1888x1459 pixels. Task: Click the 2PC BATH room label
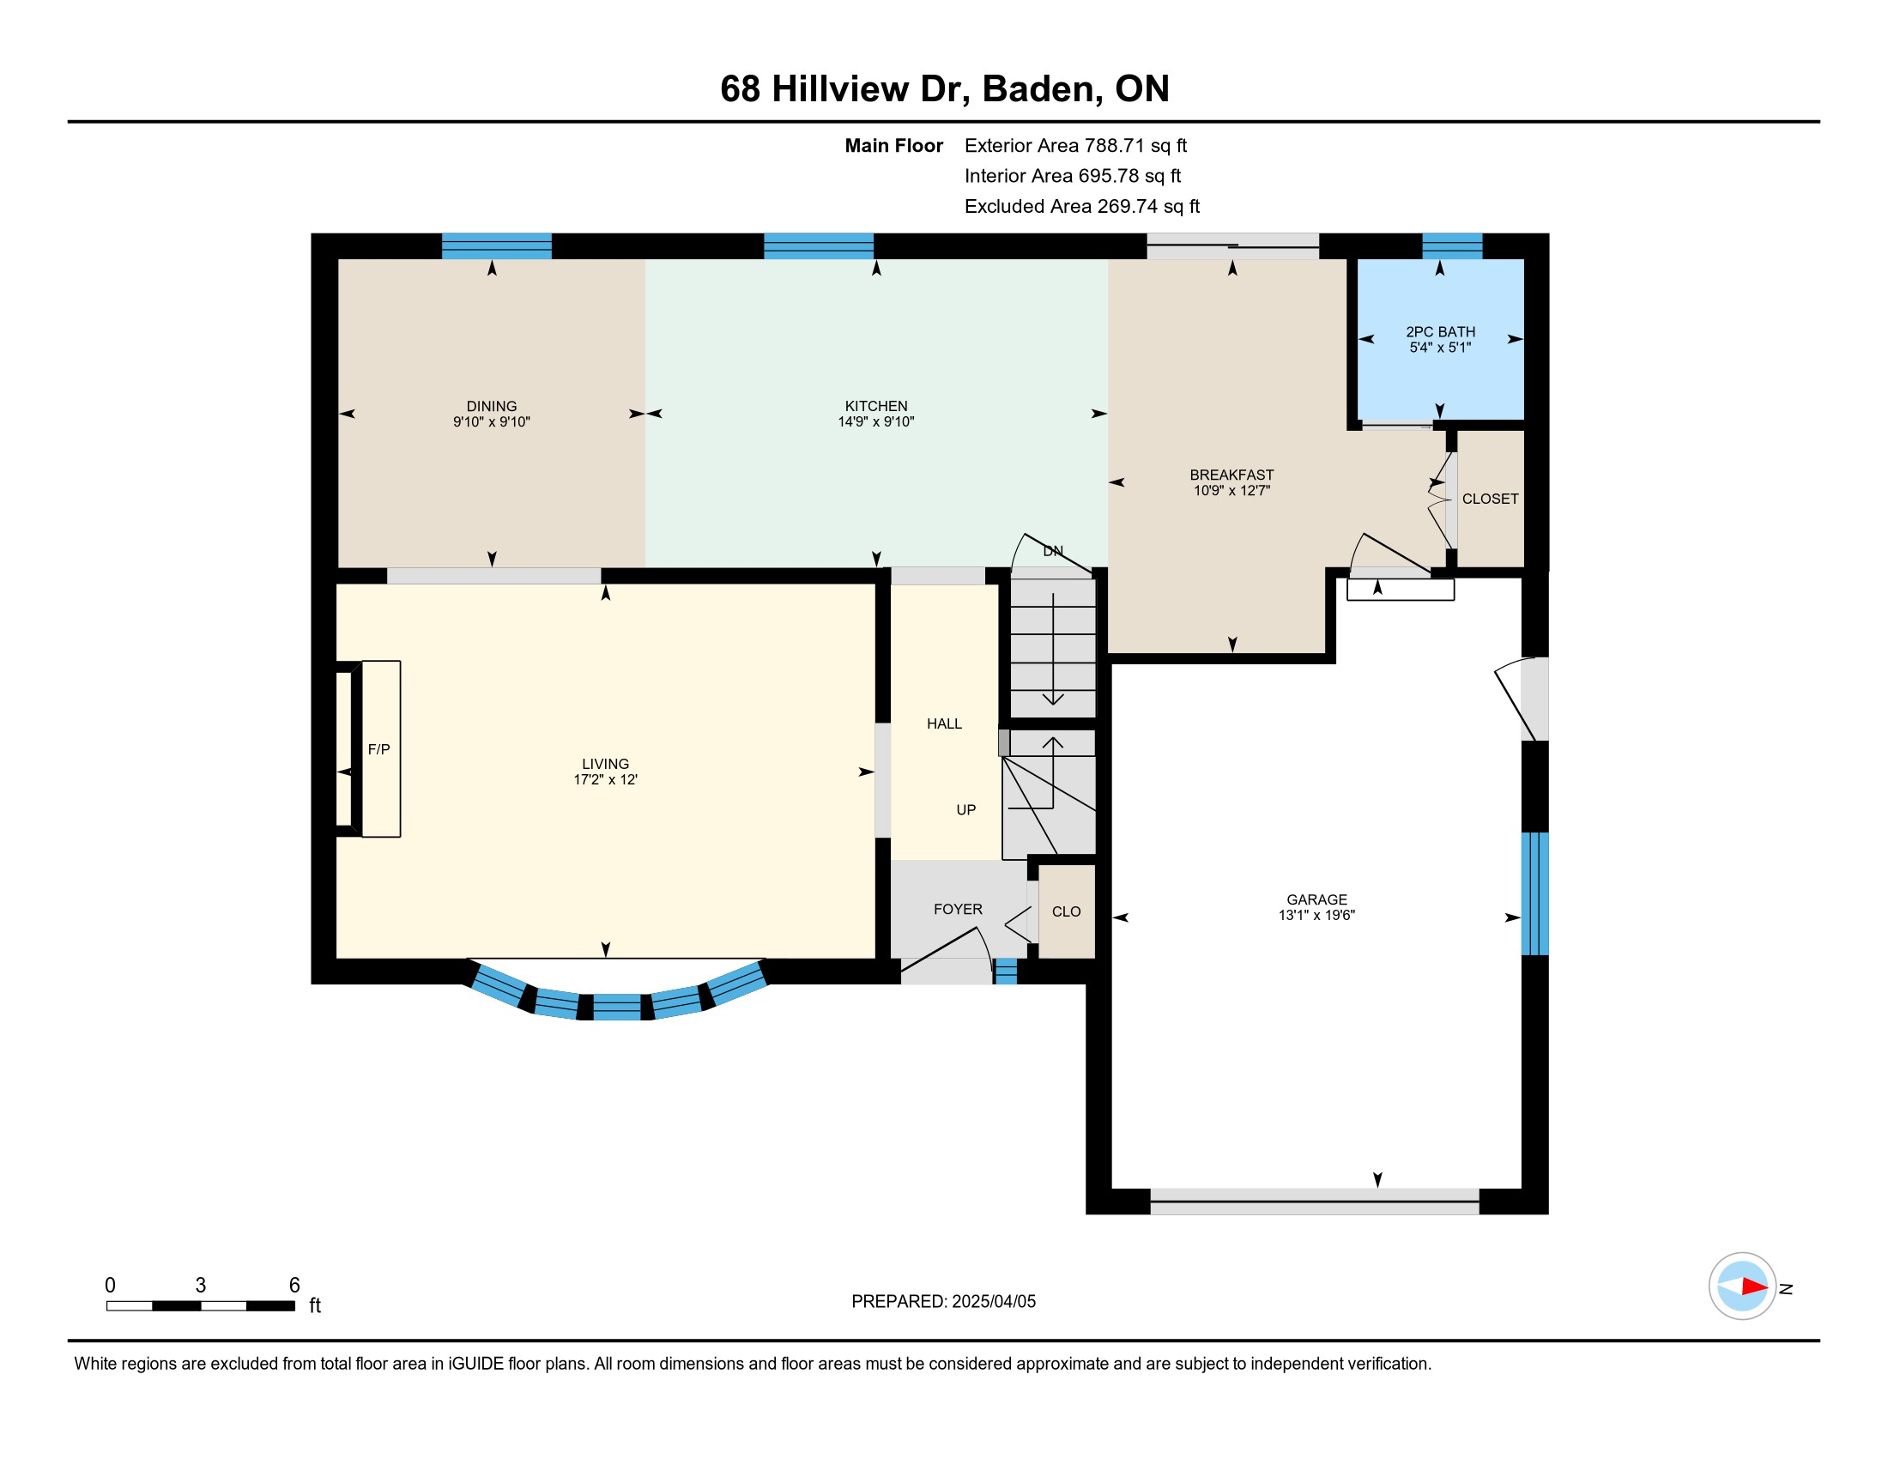click(1440, 332)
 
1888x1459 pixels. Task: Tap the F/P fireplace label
click(378, 749)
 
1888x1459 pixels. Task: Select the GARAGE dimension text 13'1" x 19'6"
click(1316, 916)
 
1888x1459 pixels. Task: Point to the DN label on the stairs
click(1053, 552)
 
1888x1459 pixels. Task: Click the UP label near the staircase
click(965, 810)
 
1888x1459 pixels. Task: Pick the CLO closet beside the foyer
click(1066, 911)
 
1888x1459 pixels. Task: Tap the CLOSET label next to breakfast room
click(1491, 499)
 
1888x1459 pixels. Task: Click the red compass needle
click(1754, 1287)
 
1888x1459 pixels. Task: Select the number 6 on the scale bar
click(293, 1286)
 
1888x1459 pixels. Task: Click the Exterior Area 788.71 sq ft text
click(1075, 145)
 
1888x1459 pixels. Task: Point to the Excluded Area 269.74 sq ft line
click(1081, 206)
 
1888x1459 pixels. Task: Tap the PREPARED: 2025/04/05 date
click(943, 1302)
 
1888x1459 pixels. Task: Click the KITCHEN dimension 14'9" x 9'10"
click(875, 421)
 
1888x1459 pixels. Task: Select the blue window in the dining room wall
click(496, 246)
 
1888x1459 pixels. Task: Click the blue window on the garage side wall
click(1534, 893)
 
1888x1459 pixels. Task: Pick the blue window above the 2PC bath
click(1452, 246)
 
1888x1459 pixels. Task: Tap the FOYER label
click(958, 909)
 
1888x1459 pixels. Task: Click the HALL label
click(944, 723)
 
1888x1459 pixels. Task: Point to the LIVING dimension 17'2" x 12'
click(605, 779)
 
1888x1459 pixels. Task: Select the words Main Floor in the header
click(894, 145)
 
